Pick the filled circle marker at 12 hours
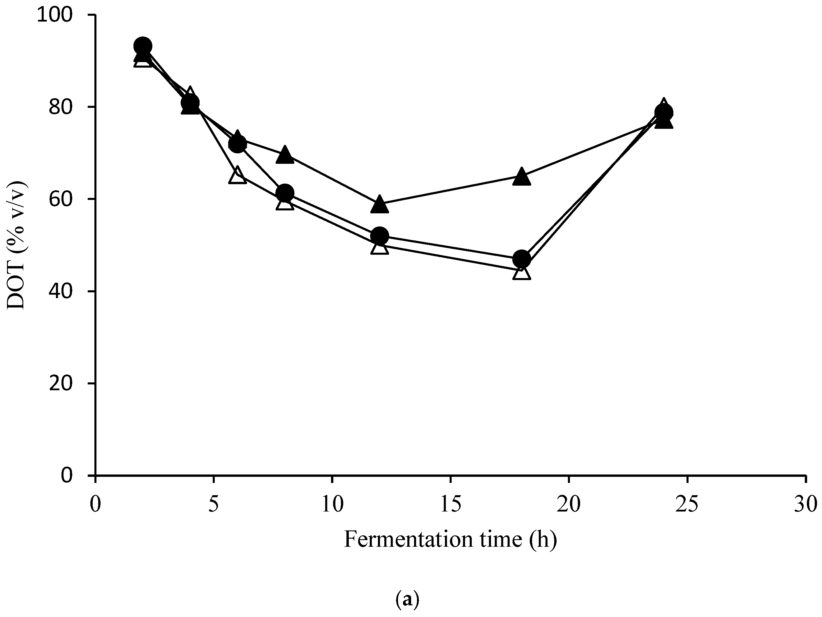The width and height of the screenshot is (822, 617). pyautogui.click(x=379, y=236)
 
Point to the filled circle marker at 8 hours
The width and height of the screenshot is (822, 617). pyautogui.click(x=285, y=193)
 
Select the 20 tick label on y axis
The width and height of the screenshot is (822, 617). pyautogui.click(x=61, y=383)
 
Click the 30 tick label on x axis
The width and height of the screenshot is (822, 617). pyautogui.click(x=805, y=505)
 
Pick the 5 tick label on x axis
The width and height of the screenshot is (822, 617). pyautogui.click(x=214, y=505)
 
